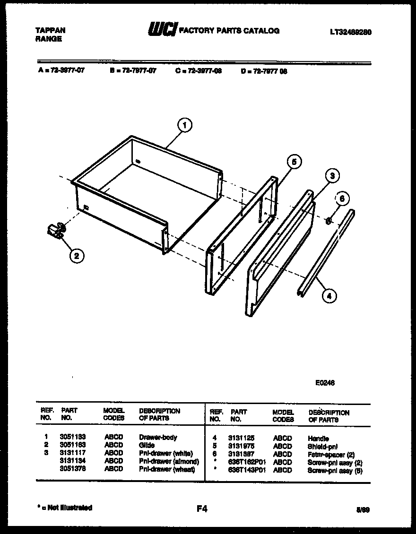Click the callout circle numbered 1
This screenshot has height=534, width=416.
(184, 125)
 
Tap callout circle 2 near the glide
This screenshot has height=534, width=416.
(77, 256)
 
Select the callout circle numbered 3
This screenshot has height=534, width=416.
(332, 176)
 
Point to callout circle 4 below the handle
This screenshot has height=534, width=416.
(329, 296)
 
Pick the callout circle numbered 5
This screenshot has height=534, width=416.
(294, 162)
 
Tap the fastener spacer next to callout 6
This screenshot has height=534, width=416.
(329, 220)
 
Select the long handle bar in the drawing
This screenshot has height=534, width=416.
(326, 253)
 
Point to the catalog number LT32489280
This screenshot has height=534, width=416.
(350, 32)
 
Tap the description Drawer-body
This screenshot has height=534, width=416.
(158, 438)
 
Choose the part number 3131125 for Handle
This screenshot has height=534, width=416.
(241, 439)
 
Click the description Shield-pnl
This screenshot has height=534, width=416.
(323, 446)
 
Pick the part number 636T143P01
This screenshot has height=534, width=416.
(247, 470)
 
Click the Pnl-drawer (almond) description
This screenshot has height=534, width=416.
(169, 461)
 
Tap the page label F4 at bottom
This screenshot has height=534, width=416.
(202, 509)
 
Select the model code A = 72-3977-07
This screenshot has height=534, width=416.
(61, 71)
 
